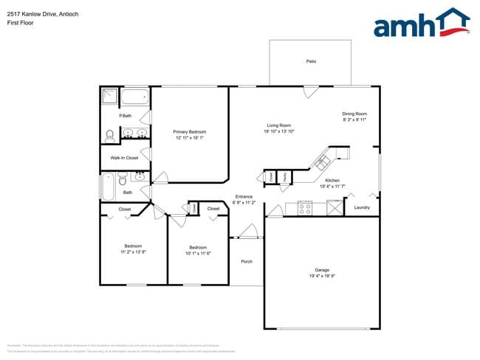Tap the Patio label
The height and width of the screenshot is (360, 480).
pos(311,61)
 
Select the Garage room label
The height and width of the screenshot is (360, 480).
pos(322,270)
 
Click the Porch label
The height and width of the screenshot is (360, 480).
pos(247,261)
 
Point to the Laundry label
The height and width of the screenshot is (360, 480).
pos(361,207)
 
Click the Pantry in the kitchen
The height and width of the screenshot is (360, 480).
pos(284,177)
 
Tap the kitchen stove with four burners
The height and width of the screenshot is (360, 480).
pos(306,207)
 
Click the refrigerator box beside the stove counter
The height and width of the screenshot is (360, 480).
pos(333,207)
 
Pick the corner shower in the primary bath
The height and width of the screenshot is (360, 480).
pos(110,97)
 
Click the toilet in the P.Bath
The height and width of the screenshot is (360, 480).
pos(109,135)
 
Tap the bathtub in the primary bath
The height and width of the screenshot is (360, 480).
pos(135,97)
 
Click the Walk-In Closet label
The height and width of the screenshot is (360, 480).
pos(124,158)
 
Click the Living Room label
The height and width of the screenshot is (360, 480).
pos(278,125)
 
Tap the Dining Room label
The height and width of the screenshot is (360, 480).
pos(354,114)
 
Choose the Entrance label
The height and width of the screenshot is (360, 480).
pos(244,196)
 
